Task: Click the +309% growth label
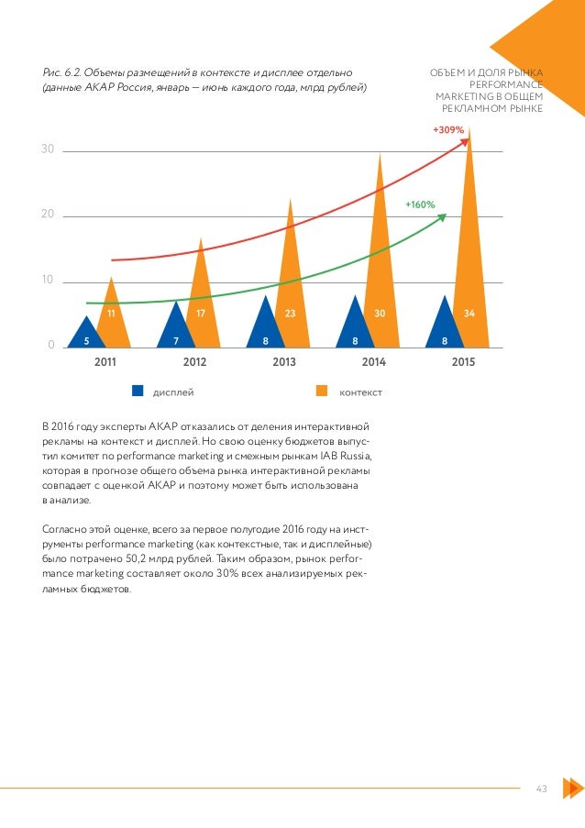tap(448, 130)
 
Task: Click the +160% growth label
tap(420, 204)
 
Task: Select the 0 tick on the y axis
tap(51, 345)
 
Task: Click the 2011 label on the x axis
tap(105, 362)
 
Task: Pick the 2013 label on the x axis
tap(284, 362)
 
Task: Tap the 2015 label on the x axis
tap(463, 362)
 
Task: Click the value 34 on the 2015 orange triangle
tap(469, 314)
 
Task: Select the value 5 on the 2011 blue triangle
tap(87, 339)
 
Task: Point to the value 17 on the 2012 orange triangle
tap(200, 314)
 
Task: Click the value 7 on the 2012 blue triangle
tap(176, 339)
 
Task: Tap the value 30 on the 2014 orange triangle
tap(380, 314)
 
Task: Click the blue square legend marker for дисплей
tap(138, 391)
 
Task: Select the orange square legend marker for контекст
tap(322, 391)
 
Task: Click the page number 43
tap(540, 788)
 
